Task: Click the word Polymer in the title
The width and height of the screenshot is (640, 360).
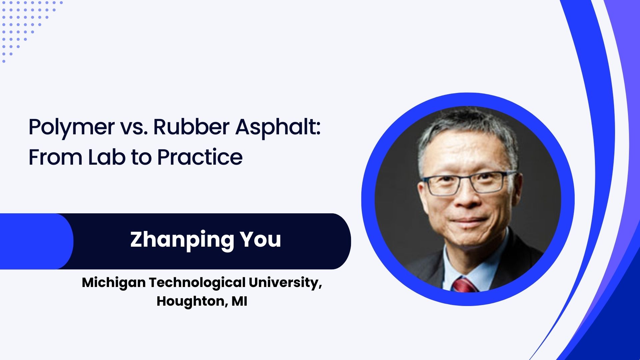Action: [72, 127]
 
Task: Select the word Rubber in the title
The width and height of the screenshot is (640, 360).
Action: [191, 127]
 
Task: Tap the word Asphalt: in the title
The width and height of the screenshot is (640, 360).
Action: [278, 127]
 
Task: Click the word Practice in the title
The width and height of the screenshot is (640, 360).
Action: [200, 157]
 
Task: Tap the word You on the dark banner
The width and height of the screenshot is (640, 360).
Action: [261, 239]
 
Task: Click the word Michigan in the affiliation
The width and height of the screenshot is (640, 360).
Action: [114, 283]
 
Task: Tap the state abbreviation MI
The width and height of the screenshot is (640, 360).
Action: [239, 301]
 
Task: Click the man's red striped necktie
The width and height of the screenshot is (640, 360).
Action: [464, 285]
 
